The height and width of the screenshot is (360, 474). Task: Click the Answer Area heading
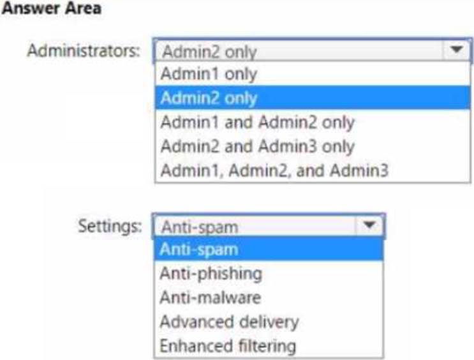point(51,8)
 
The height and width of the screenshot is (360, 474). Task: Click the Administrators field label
point(84,50)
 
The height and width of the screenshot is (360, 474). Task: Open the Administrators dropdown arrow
point(457,50)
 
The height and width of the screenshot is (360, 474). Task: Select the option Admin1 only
point(209,74)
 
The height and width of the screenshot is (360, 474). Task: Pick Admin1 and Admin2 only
point(258,122)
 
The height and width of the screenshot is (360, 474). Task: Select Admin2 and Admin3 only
point(258,146)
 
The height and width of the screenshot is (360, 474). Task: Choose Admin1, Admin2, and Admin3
point(274,170)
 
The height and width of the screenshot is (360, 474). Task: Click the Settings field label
point(110,226)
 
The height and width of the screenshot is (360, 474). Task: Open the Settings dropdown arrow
point(369,225)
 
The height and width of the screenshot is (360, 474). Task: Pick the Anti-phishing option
point(211,273)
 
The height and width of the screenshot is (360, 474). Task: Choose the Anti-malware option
point(211,297)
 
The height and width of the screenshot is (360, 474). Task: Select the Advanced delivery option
point(230,322)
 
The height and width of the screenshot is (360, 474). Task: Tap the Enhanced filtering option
point(228,346)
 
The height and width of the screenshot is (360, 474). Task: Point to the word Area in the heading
point(84,8)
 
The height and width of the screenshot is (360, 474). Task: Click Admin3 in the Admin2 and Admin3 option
point(288,146)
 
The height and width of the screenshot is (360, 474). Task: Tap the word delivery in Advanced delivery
point(265,322)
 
